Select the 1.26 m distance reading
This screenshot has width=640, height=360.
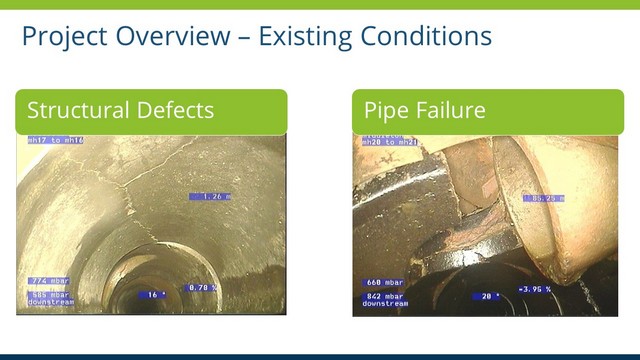point(210,196)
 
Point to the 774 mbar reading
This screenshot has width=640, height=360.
point(48,281)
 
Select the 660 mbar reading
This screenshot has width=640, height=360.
point(384,282)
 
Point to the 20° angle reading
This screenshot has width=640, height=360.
point(490,296)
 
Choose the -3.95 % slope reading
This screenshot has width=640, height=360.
point(536,289)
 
